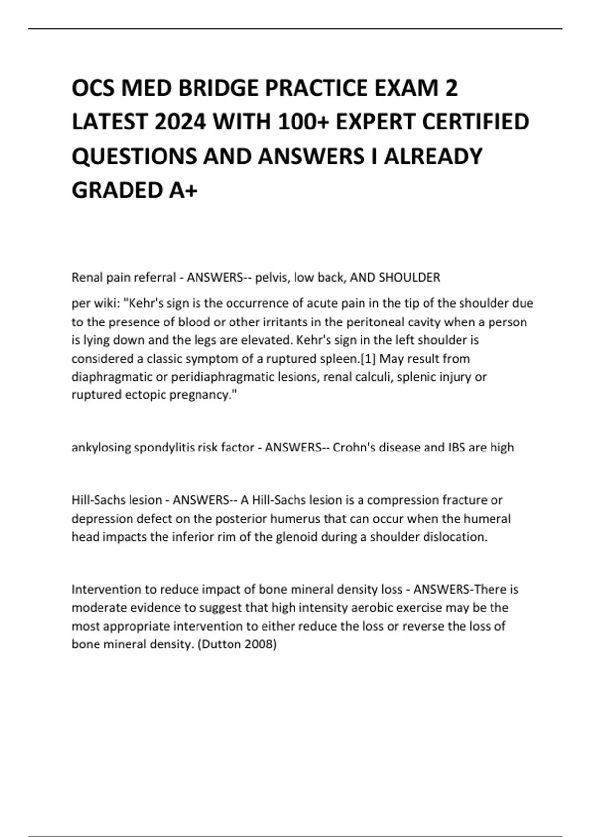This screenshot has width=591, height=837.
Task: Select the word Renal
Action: [x=87, y=278]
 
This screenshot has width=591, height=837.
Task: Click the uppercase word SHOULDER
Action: [x=409, y=278]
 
